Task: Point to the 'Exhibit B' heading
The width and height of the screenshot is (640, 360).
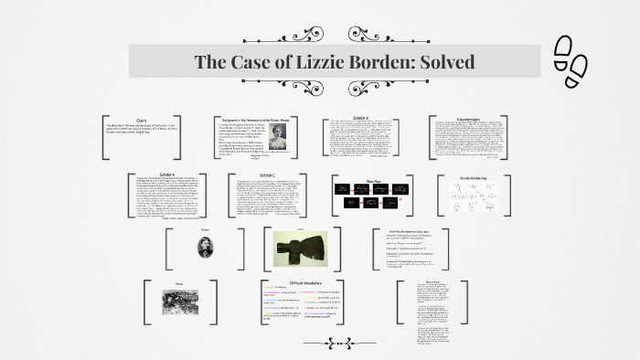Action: (361, 118)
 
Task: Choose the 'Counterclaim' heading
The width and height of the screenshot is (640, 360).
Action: (468, 118)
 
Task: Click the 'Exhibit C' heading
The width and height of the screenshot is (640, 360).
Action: (267, 174)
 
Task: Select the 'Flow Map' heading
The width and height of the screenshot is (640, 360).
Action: (373, 179)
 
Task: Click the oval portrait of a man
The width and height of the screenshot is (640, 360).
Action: (205, 248)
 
